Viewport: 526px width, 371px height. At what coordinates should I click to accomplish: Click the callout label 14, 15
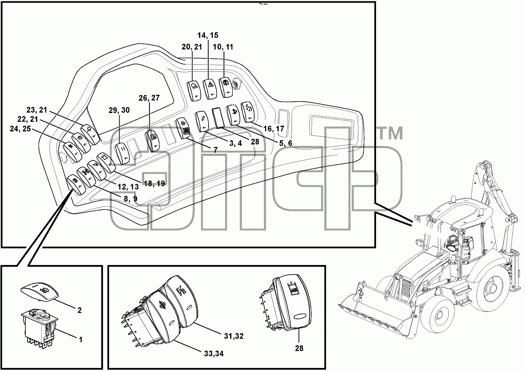coord(208,35)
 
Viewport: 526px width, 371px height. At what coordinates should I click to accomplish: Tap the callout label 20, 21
coord(192,47)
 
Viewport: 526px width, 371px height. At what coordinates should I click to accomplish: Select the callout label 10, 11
coord(223,47)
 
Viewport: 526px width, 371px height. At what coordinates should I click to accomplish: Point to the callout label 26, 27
coord(149,98)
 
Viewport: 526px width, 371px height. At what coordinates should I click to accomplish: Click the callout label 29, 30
coord(119,110)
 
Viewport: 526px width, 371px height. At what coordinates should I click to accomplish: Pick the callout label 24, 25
coord(21,129)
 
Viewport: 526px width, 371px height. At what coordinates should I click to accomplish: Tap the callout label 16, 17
coord(274,129)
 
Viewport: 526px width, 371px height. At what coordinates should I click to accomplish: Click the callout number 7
coord(216,150)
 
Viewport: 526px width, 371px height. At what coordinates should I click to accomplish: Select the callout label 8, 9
coord(131,199)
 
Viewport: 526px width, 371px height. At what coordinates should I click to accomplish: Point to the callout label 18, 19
coord(154,183)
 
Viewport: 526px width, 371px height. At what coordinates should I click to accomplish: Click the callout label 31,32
coord(234,336)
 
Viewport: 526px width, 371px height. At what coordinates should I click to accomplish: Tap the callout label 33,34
coord(214,353)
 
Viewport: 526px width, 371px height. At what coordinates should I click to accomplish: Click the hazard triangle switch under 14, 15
coord(210,89)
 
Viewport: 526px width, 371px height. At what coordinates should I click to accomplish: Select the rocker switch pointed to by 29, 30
coord(122,153)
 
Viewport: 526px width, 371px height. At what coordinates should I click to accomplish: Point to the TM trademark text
coord(390,133)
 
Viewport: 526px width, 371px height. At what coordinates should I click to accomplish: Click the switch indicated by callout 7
coord(185,128)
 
